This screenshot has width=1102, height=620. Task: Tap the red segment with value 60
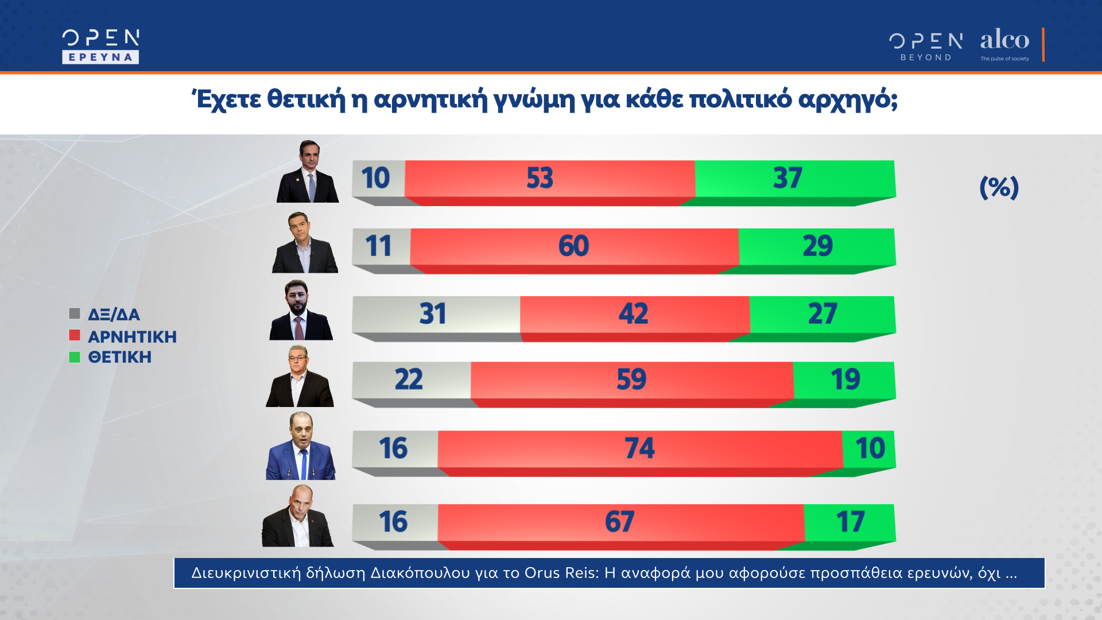point(574,246)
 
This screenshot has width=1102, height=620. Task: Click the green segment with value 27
point(822,314)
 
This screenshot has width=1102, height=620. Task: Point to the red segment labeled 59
point(631,379)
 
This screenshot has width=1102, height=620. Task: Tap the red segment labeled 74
point(639,448)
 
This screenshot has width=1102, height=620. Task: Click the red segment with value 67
point(620,522)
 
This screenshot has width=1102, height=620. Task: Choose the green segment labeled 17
point(849,522)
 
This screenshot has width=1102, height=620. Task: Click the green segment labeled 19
point(844,379)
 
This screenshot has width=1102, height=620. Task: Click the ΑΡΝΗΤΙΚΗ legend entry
point(132,336)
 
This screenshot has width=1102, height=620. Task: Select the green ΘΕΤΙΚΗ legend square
point(75,357)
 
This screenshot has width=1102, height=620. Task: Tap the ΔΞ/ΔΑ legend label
point(114,315)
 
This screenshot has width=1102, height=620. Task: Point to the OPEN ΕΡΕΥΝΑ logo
point(100,46)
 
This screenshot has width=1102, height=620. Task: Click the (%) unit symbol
point(999,187)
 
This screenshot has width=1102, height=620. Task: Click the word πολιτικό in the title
point(740,99)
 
